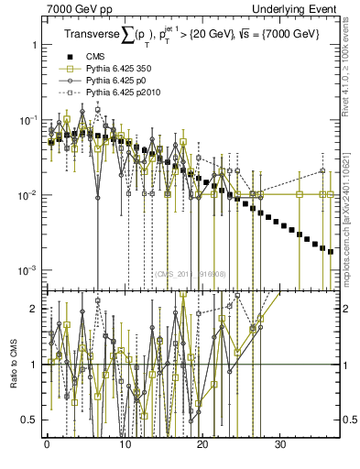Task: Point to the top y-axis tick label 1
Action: click(x=33, y=45)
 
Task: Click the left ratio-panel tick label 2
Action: click(x=33, y=309)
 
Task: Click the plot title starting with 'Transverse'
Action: click(x=193, y=36)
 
